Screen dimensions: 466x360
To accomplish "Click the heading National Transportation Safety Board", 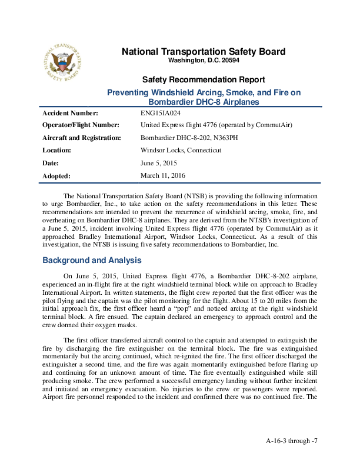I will pos(203,52).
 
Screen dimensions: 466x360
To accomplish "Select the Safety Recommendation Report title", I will pos(203,80).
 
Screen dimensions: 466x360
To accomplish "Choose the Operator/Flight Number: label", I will pos(81,125).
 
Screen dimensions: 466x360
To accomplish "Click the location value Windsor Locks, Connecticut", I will pos(181,150).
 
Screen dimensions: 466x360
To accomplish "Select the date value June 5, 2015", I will pos(159,162).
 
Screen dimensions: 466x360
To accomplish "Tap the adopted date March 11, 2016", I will pos(164,175).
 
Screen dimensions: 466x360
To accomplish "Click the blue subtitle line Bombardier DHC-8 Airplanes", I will pos(203,102).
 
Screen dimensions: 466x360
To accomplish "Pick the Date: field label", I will pos(51,162).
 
